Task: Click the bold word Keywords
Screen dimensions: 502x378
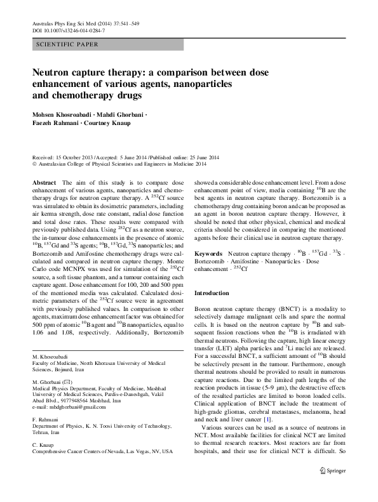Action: (208, 253)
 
